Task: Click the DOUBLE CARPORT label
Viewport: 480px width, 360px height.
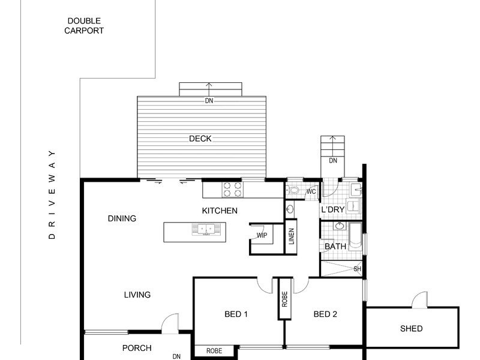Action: [84, 26]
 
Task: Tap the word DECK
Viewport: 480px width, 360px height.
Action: [200, 139]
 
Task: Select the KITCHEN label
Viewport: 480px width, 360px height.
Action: [220, 211]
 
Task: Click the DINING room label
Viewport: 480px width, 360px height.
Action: [122, 218]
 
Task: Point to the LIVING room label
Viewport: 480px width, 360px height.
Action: [137, 295]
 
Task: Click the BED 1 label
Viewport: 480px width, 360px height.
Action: [236, 314]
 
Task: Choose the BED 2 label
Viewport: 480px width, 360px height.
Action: [325, 314]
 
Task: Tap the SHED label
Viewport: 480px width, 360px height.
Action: [411, 328]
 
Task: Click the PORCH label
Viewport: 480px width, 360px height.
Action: [137, 348]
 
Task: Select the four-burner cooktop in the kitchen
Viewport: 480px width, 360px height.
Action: [233, 189]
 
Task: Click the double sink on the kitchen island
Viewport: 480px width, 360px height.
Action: [206, 229]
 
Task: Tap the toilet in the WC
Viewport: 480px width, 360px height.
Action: [293, 190]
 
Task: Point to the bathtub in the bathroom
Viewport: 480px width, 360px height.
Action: [355, 236]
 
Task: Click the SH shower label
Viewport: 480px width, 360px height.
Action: [357, 269]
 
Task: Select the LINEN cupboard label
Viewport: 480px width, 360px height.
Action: [292, 236]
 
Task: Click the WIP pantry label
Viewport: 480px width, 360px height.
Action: [262, 235]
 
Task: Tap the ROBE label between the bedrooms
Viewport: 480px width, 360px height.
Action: [284, 299]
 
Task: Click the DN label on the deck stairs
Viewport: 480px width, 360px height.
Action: [209, 100]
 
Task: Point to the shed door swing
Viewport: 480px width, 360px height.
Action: [419, 299]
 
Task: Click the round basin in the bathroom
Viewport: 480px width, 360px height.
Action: [339, 226]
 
